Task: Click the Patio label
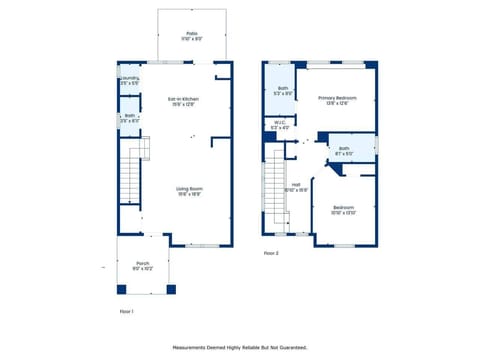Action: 191,33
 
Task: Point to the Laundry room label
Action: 129,80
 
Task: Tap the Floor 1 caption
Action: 126,311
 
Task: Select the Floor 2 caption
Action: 271,254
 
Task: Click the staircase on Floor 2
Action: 276,190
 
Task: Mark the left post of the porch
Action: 122,289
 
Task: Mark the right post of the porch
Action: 170,289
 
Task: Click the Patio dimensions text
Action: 191,38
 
